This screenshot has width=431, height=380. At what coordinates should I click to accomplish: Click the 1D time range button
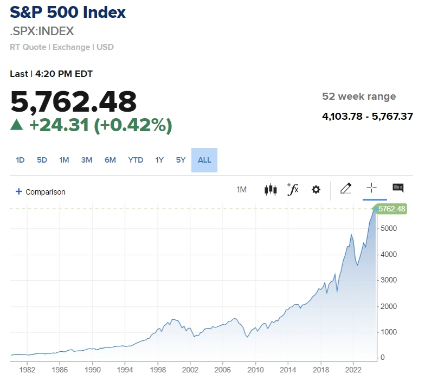20,160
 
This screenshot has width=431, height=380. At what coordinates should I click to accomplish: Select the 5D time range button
42,160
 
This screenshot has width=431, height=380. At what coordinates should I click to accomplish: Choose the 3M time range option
87,160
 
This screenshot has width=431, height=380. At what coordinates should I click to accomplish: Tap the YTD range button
136,160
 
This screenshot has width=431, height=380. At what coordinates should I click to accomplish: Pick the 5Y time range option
181,160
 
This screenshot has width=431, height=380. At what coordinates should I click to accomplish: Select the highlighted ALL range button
204,160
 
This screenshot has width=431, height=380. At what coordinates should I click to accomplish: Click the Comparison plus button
19,191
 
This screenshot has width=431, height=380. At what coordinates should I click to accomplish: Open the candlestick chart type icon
270,189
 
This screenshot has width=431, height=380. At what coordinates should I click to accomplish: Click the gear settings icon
316,190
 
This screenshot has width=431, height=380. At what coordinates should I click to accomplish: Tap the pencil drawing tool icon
345,189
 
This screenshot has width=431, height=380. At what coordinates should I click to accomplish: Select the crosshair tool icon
371,188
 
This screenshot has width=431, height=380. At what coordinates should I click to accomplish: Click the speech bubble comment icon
398,188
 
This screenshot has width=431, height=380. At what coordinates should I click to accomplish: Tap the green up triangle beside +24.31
17,125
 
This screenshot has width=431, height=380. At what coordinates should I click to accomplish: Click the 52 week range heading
359,96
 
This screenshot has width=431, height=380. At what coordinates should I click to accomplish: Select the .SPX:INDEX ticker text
42,31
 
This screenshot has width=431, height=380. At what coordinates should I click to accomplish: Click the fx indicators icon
293,189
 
